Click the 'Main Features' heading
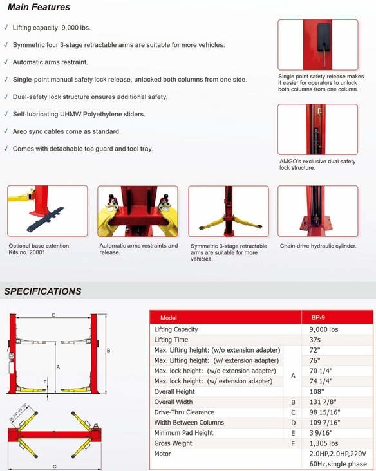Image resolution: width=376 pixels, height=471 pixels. [37, 8]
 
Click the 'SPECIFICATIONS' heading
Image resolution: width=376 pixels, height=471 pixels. [43, 291]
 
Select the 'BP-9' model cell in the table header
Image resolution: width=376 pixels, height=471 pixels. [318, 318]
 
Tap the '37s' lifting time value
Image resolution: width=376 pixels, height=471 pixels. [315, 340]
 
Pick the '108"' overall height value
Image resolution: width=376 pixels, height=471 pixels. [317, 391]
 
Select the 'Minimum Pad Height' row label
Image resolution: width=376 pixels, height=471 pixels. [184, 432]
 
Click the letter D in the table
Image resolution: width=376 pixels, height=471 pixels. [293, 422]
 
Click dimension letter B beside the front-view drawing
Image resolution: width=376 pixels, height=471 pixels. [109, 351]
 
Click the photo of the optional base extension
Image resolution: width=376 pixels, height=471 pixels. [47, 212]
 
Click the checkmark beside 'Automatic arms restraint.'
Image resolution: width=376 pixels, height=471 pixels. [6, 62]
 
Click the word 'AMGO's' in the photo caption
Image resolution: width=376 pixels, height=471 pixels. [290, 161]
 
